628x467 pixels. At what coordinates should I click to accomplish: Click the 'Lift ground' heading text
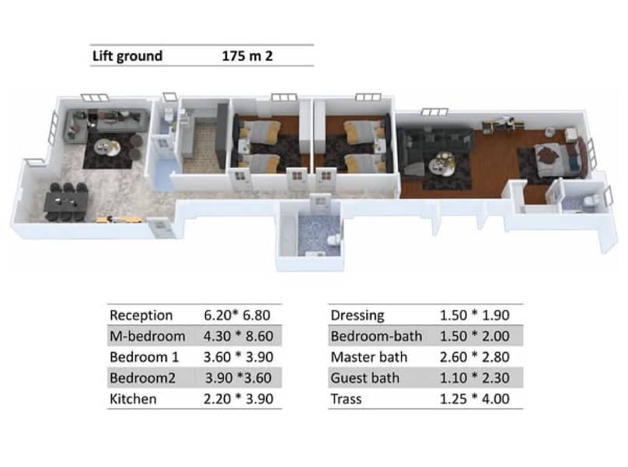(127, 55)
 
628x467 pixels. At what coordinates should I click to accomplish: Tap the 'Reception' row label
(141, 315)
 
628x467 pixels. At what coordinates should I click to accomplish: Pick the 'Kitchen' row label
(133, 399)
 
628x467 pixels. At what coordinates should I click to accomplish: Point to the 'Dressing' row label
(358, 315)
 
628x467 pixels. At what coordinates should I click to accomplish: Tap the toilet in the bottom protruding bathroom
(333, 239)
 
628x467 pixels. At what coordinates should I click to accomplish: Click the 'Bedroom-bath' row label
(375, 336)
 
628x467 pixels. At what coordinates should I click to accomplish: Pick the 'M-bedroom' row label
(148, 336)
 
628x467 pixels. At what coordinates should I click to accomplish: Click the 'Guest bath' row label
(365, 378)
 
